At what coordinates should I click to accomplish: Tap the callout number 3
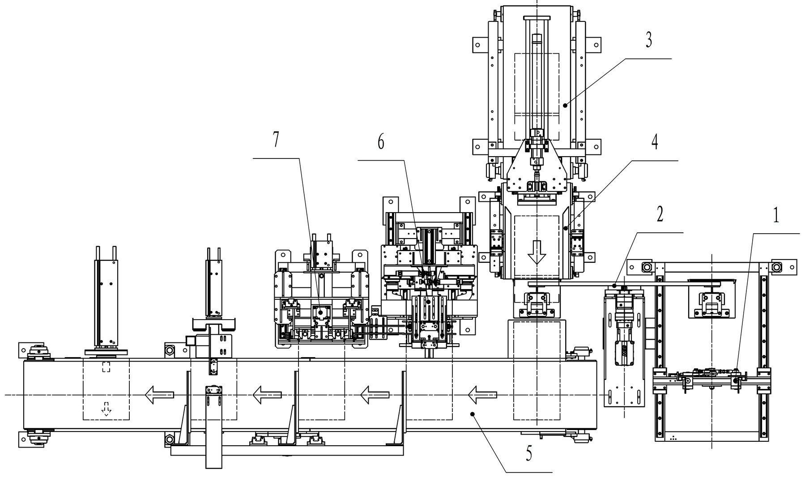pos(649,40)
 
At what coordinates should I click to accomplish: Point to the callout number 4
pos(655,142)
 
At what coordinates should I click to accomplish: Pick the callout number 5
pos(529,454)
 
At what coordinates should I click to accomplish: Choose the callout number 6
pos(380,142)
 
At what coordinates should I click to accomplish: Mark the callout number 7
pos(276,140)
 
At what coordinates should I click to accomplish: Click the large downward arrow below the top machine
pos(537,252)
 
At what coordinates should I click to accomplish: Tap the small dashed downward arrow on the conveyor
pos(106,409)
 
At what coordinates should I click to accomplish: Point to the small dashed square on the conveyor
pos(106,367)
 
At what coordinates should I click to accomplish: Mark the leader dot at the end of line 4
pos(566,229)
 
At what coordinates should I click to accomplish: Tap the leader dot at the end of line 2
pos(615,286)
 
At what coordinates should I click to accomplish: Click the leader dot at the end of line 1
pos(736,381)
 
